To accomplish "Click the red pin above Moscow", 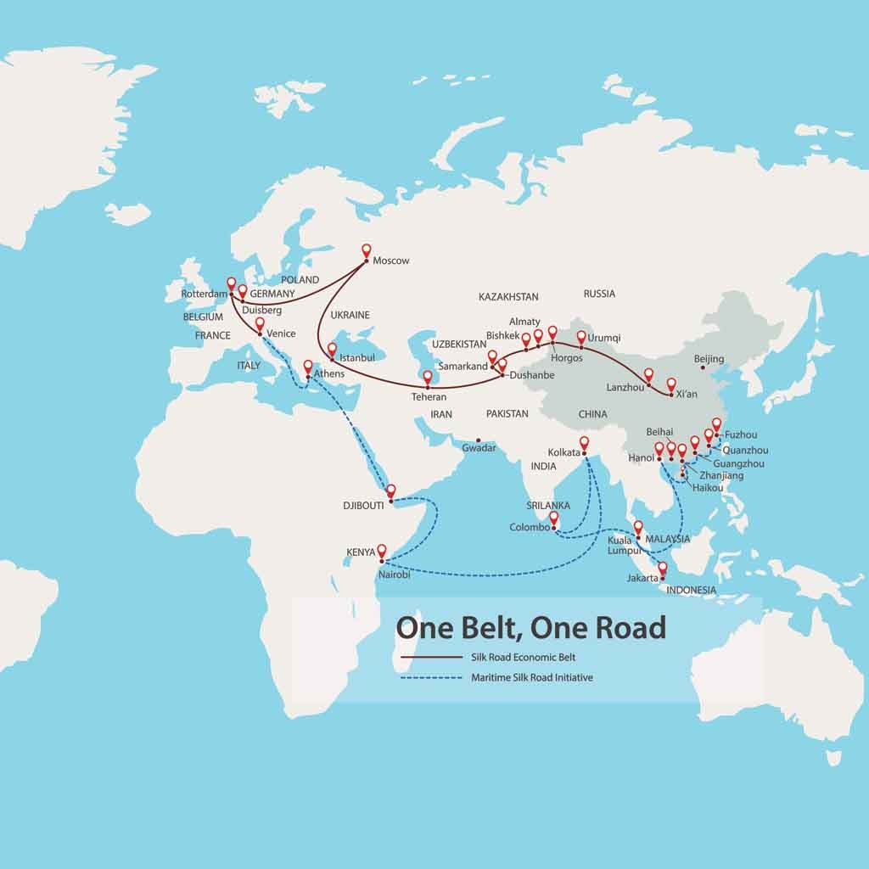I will click(367, 251).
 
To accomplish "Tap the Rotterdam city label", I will click(205, 294).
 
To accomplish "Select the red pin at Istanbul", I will click(332, 348).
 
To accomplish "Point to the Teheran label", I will click(429, 397).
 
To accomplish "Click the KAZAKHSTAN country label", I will click(508, 297).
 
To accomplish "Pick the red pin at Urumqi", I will click(581, 337).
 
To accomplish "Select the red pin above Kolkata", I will click(584, 442).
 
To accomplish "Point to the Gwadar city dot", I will click(478, 440).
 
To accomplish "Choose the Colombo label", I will click(530, 527).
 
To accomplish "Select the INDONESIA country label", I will click(691, 590).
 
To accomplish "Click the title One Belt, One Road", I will click(531, 628).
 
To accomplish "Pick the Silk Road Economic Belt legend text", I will click(524, 657).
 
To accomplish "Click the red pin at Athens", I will click(309, 367).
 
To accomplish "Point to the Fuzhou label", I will click(741, 435).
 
